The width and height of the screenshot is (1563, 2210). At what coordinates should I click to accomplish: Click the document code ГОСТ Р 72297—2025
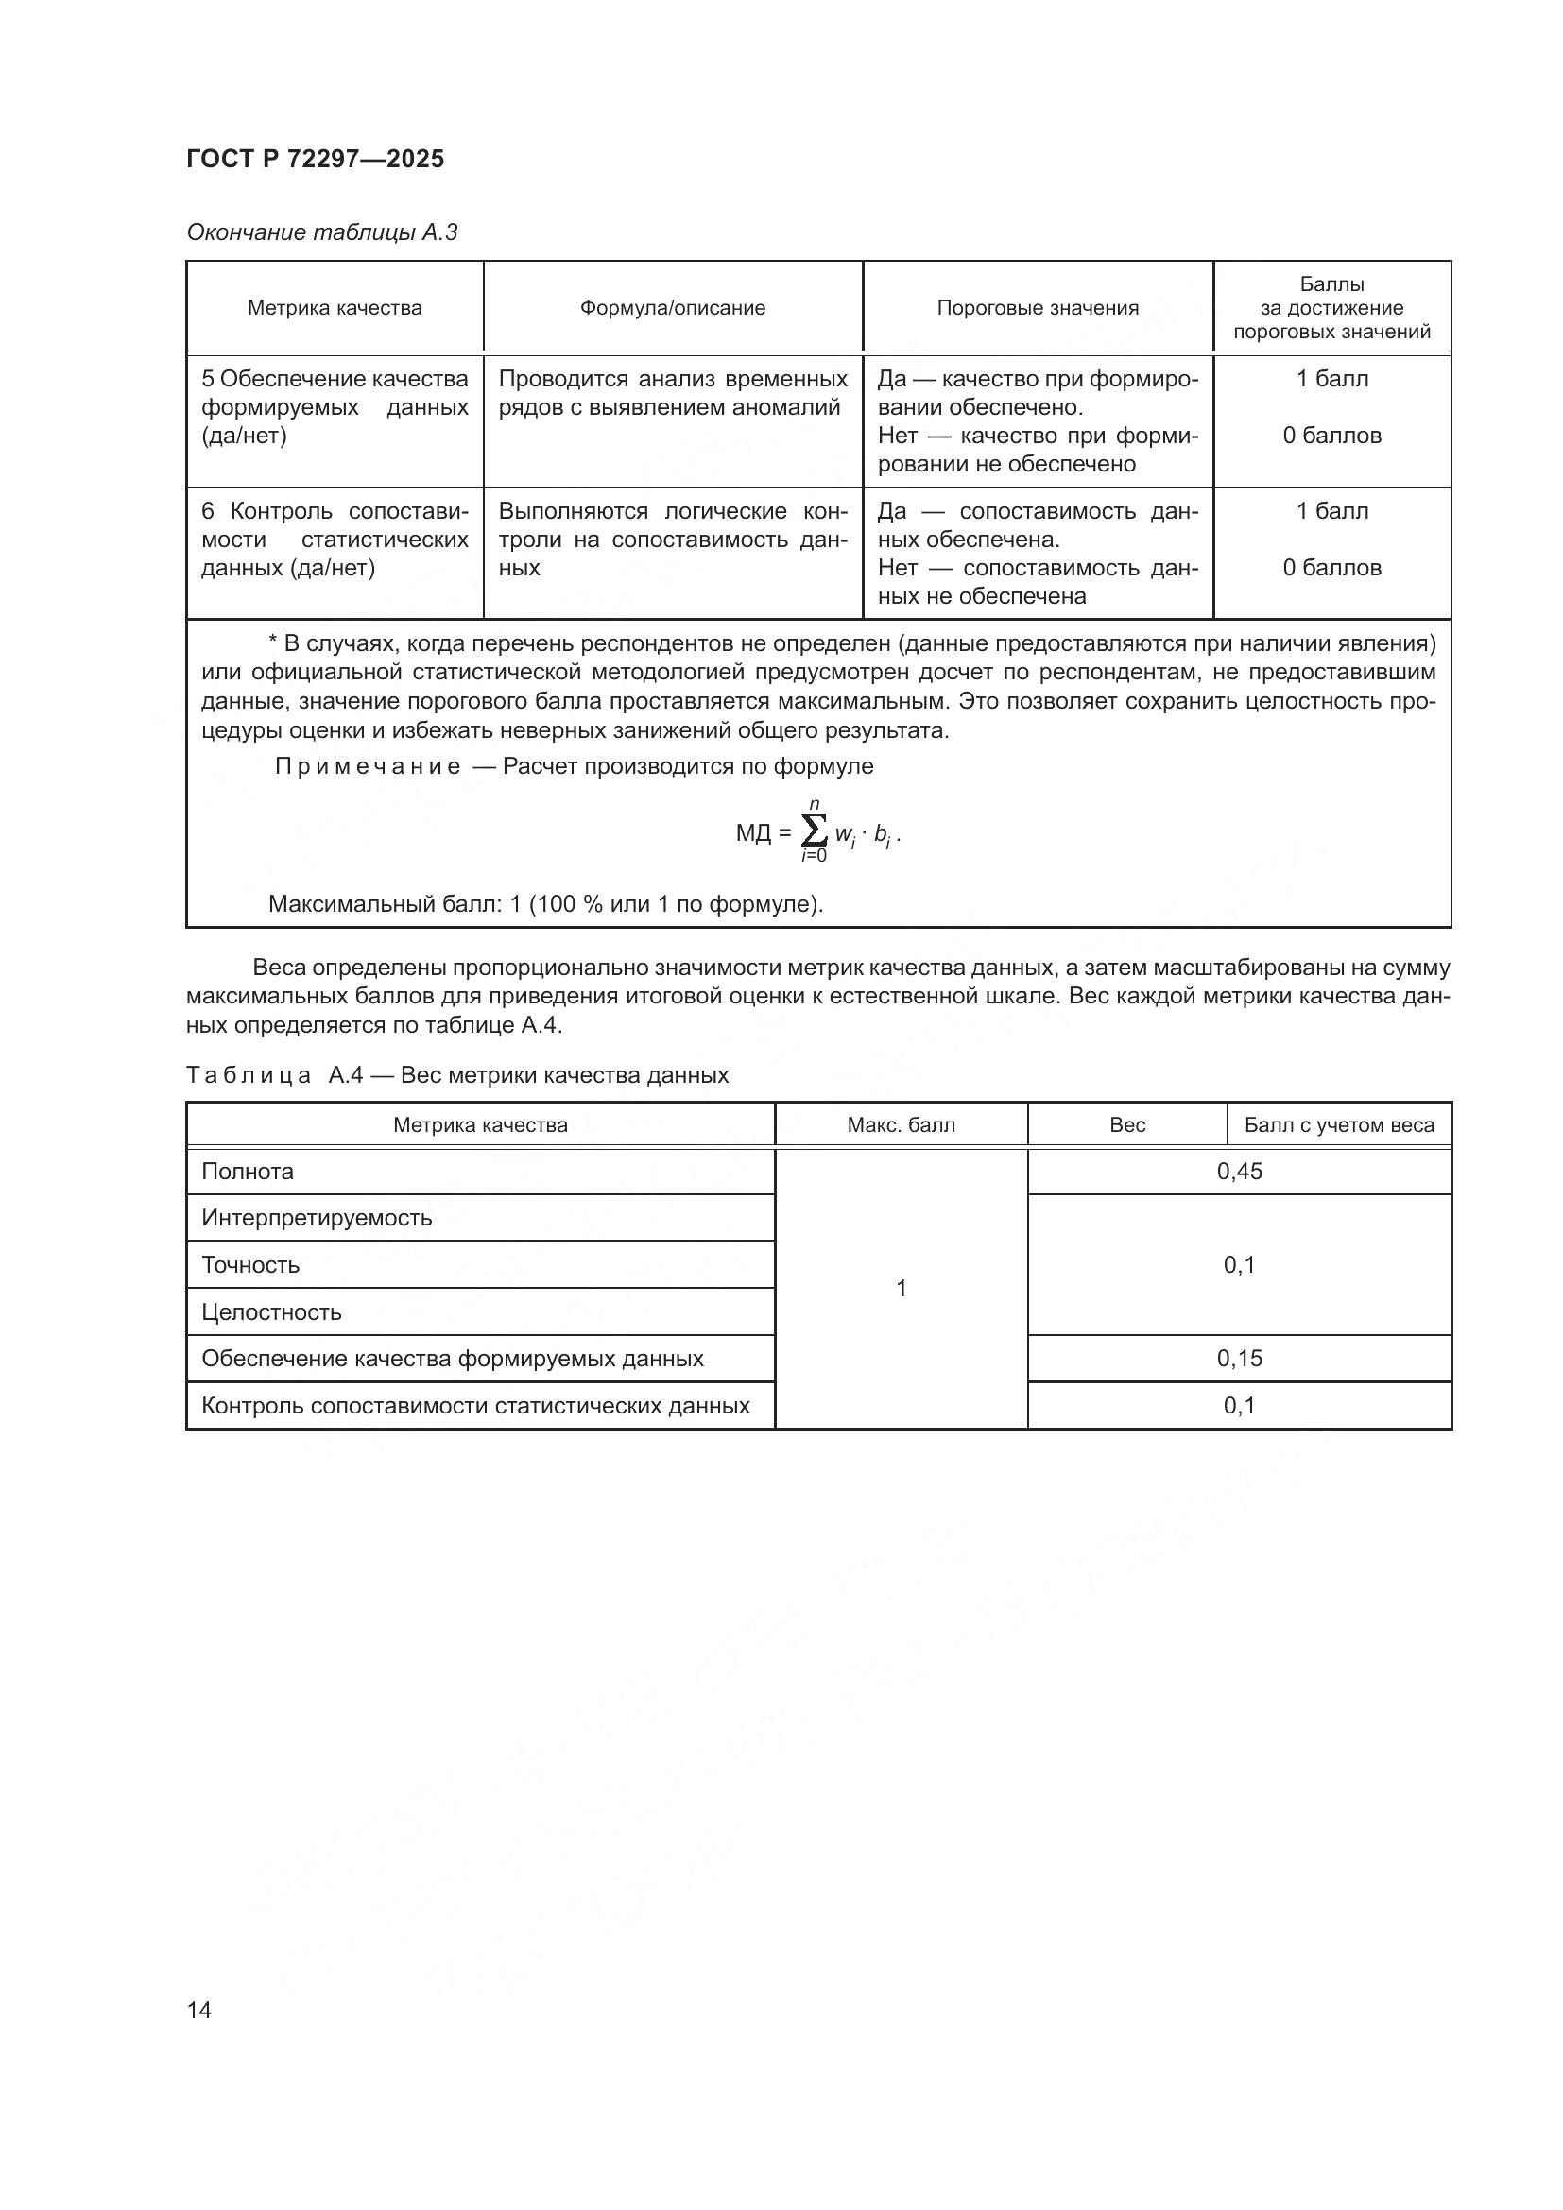pos(315,159)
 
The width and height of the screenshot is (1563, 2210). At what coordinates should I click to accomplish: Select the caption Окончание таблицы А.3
pos(321,232)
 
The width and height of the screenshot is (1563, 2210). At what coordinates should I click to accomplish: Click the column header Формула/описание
pos(672,308)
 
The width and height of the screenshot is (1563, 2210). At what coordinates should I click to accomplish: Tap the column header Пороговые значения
pos(1037,308)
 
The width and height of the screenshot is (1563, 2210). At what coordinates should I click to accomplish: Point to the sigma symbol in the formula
pos(814,829)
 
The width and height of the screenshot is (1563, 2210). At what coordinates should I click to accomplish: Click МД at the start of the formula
pos(753,832)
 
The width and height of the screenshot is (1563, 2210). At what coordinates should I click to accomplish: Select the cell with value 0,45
pos(1239,1172)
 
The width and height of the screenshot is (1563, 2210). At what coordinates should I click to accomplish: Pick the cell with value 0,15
pos(1239,1358)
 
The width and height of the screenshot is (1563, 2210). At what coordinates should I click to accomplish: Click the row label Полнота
pos(248,1172)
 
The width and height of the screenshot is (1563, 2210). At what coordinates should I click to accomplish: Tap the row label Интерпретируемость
pos(317,1218)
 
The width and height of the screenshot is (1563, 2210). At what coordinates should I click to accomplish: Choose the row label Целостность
pos(271,1312)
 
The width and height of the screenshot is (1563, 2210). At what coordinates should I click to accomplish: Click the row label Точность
pos(250,1265)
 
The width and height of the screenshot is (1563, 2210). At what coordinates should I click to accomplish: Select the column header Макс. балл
pos(901,1125)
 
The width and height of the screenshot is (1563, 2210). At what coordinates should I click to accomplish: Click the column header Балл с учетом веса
pos(1339,1125)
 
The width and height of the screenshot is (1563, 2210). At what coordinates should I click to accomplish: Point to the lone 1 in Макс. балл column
pos(901,1288)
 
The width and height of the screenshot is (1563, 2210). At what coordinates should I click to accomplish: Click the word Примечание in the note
pos(368,766)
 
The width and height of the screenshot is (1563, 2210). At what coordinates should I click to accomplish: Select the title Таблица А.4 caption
pos(457,1075)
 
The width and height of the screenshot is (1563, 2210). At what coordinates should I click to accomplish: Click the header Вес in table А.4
pos(1127,1125)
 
